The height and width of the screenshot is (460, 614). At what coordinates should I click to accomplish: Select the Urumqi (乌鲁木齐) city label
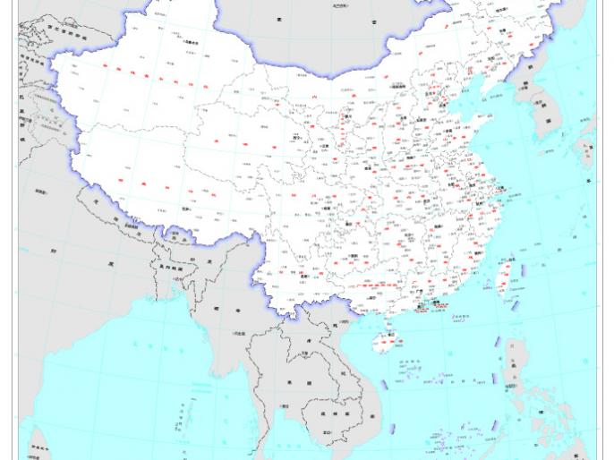pyautogui.click(x=191, y=42)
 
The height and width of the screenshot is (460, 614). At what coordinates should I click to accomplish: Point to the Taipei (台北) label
pyautogui.click(x=514, y=260)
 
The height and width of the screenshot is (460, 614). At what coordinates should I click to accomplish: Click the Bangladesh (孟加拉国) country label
pyautogui.click(x=170, y=267)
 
